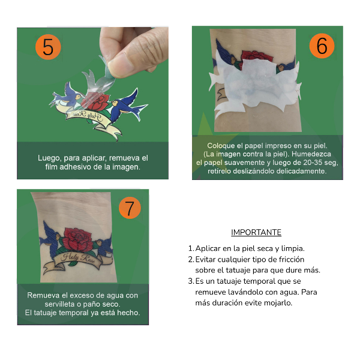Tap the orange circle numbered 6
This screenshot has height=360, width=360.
[x=322, y=46]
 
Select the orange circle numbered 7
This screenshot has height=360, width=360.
[x=130, y=208]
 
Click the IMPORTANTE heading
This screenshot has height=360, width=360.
[x=256, y=233]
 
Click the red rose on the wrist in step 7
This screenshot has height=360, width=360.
[x=77, y=239]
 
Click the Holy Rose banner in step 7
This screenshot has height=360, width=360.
[x=81, y=260]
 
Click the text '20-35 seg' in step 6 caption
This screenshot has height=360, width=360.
[x=308, y=163]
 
